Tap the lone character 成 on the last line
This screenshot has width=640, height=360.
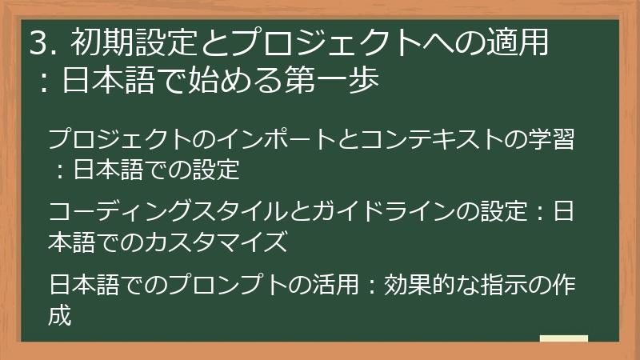click(60, 314)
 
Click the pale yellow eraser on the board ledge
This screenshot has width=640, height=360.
click(563, 339)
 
